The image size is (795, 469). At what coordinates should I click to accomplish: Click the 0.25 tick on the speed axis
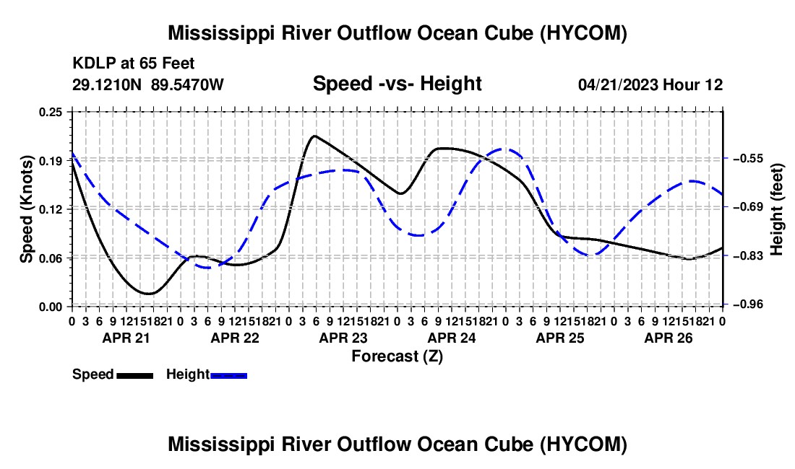pos(50,112)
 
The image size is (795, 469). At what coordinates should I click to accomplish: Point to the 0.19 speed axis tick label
pos(50,161)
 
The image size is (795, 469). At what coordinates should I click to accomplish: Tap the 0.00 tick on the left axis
pos(50,307)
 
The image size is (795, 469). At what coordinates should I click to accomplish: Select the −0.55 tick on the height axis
pos(748,158)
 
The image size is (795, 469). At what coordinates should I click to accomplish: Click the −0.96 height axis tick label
pos(748,304)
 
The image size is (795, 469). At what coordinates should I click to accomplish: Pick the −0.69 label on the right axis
pos(748,206)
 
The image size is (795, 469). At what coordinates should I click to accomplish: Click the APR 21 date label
pos(126,338)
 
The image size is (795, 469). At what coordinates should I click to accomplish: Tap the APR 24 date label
pos(452,338)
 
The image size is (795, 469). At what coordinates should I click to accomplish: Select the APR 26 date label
pos(669,338)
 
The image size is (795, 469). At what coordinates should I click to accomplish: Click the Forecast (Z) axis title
pos(397,356)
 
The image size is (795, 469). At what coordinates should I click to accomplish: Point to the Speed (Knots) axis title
pos(26,209)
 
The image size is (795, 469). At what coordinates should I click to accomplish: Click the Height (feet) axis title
pos(777,209)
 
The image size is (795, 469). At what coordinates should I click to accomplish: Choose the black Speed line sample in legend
pos(135,375)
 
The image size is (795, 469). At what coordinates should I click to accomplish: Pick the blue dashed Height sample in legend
pos(228,375)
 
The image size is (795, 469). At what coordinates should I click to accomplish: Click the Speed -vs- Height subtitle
pos(397,84)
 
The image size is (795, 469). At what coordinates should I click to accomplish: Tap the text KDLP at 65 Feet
pos(134,63)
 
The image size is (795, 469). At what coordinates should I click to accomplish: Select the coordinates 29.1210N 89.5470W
pos(147,84)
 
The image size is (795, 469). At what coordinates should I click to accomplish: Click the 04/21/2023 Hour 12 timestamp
pos(650,84)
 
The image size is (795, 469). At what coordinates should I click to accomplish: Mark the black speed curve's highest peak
pos(315,136)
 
